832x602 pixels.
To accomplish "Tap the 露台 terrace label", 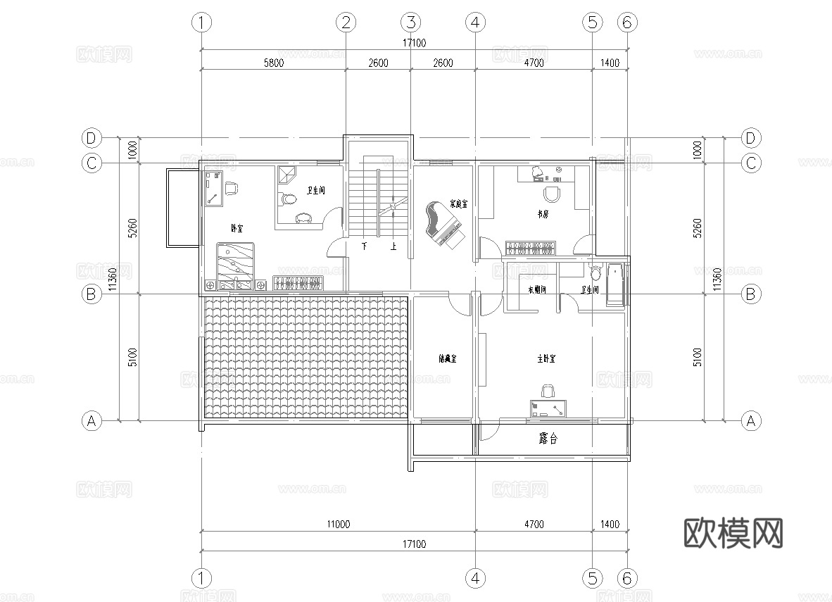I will (548, 439).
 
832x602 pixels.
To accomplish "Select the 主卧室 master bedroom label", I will (546, 359).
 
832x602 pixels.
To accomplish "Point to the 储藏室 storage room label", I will (447, 359).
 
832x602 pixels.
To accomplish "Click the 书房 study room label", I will (543, 213).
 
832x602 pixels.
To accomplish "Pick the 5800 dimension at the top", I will (273, 63).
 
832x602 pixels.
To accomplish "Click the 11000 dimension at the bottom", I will (338, 524).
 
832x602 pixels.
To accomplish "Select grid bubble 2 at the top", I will (345, 23).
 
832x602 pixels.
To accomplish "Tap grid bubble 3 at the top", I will (411, 23).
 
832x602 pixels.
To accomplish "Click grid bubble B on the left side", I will (91, 294).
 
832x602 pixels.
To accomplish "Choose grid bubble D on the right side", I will (751, 137).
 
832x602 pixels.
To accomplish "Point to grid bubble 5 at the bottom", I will (591, 579).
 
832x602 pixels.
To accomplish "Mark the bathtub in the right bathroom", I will (615, 285).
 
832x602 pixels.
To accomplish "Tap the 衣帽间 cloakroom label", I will (537, 290).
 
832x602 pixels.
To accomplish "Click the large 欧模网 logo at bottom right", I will (733, 533).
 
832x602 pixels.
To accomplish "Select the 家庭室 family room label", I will (459, 204).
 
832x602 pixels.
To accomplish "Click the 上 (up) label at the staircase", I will (393, 247).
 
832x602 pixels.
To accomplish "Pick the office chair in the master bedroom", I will (548, 390).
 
